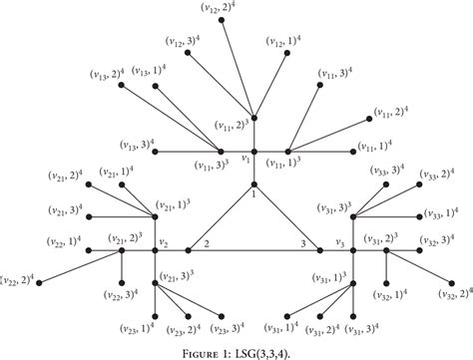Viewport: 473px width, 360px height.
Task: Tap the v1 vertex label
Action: tap(245, 157)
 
